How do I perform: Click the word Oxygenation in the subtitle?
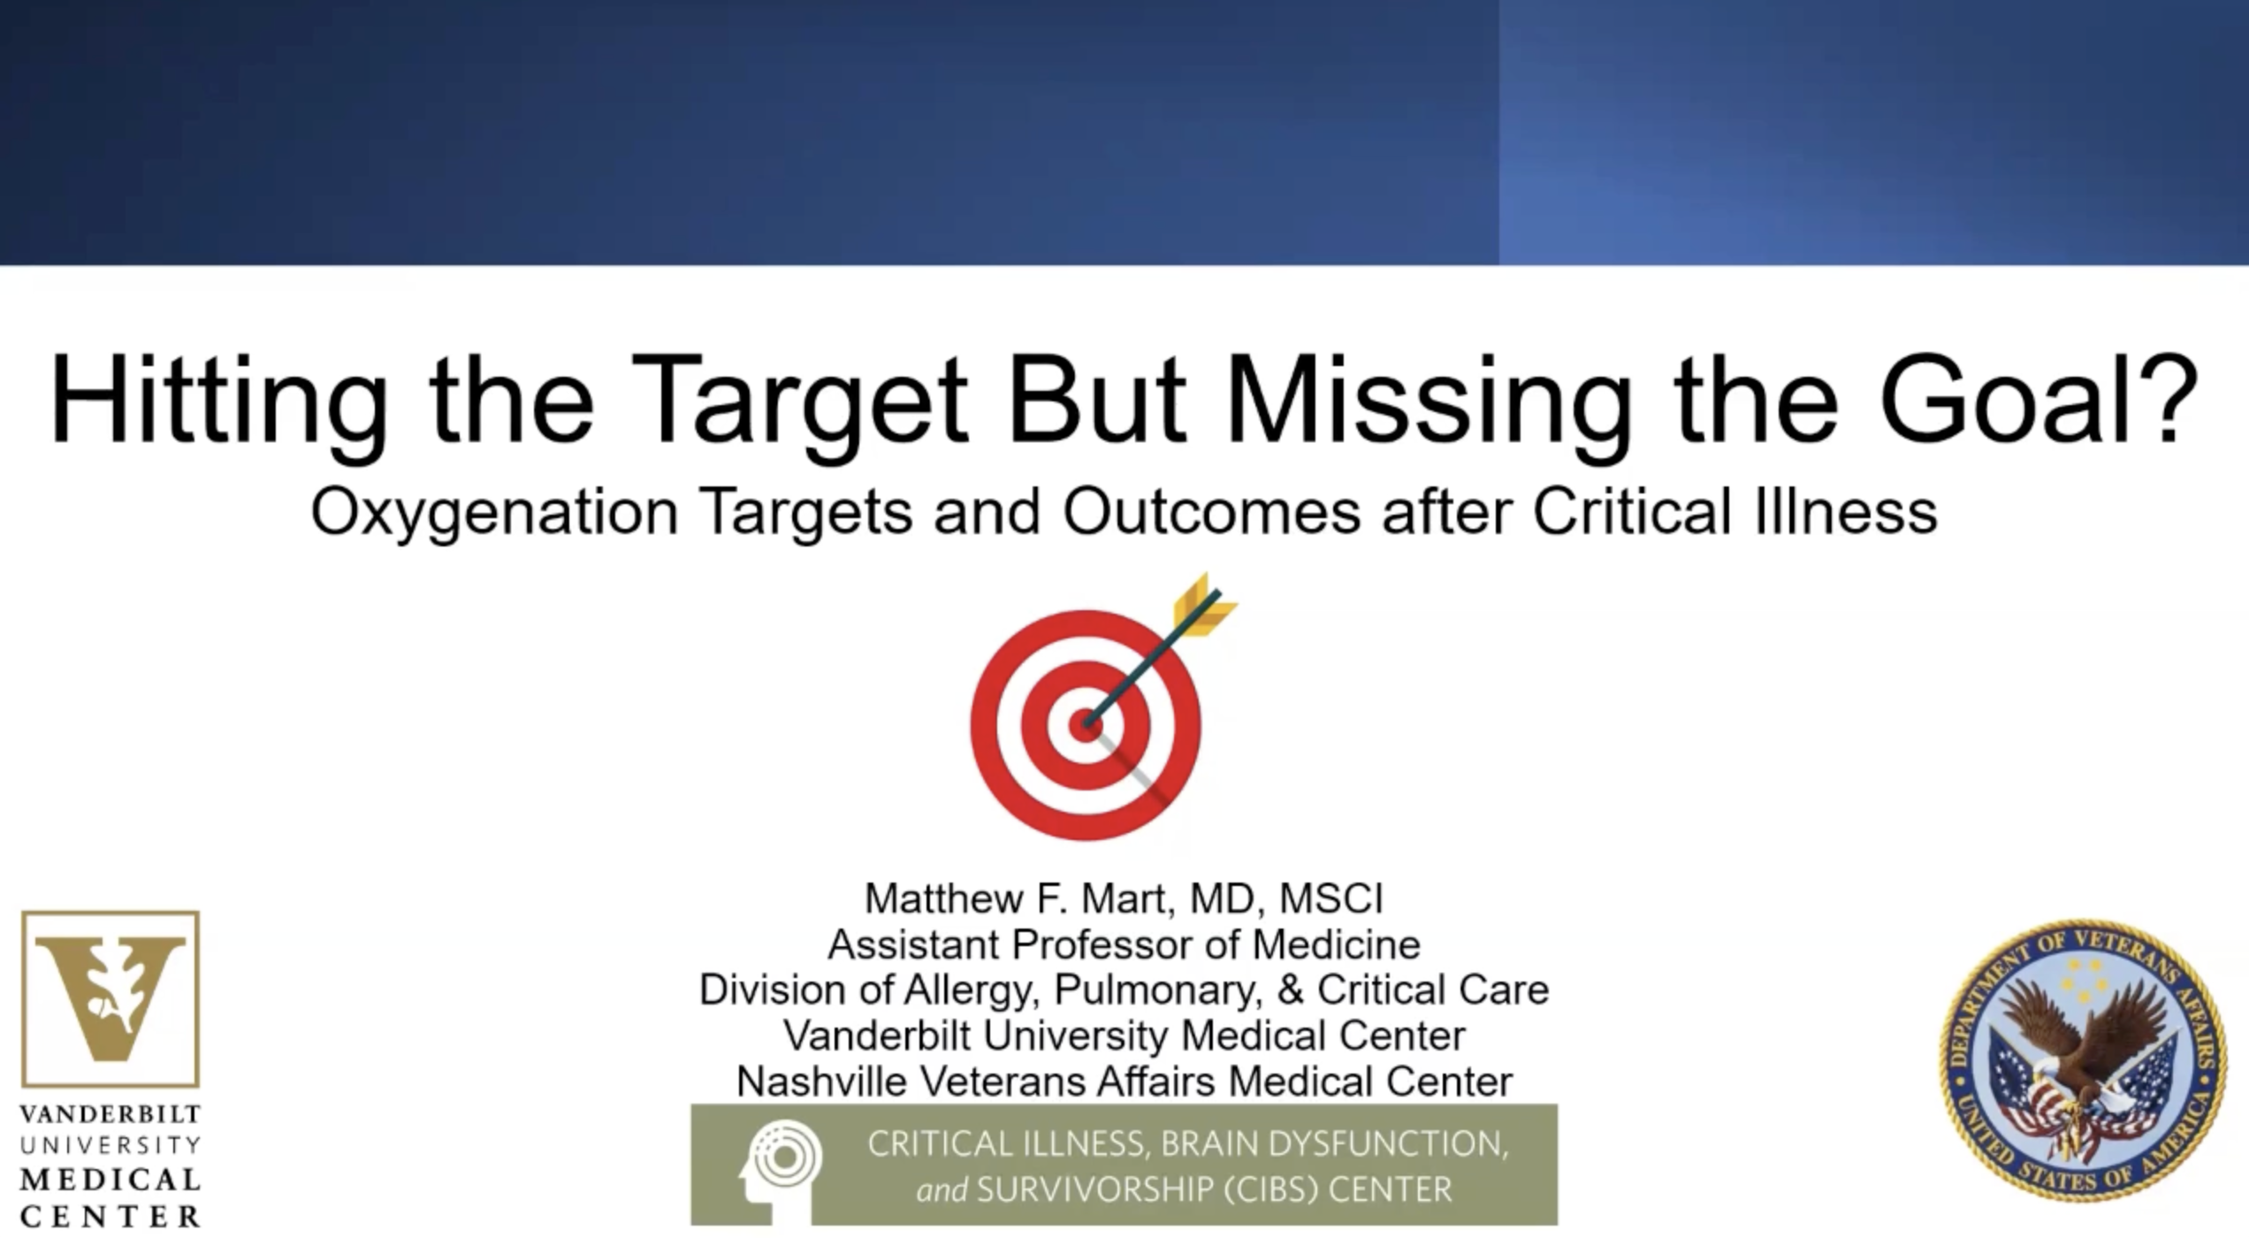[x=494, y=514]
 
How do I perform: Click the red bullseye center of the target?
[x=1085, y=725]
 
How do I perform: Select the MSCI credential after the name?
[x=1330, y=898]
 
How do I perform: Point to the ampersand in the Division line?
[x=1291, y=990]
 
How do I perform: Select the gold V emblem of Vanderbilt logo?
[x=111, y=997]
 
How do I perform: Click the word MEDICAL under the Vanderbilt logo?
[x=111, y=1180]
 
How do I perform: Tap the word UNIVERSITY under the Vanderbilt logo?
[x=111, y=1145]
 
